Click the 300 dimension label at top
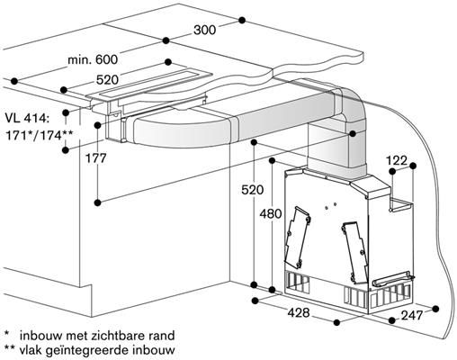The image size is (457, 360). [x=204, y=30]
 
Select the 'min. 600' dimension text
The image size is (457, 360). [x=93, y=59]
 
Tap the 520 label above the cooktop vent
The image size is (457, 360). [x=107, y=80]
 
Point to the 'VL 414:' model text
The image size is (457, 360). [x=27, y=118]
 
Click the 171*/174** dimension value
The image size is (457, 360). [x=39, y=135]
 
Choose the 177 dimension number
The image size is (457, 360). [x=96, y=158]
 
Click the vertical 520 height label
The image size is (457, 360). [x=253, y=190]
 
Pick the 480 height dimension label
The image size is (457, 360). [x=271, y=213]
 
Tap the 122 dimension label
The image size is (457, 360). [x=397, y=161]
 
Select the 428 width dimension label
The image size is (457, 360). [x=299, y=313]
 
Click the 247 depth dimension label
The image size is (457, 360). [x=412, y=315]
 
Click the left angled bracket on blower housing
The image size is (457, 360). [x=298, y=237]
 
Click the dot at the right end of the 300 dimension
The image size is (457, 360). [x=242, y=20]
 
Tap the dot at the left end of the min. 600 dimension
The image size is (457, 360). [x=13, y=81]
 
